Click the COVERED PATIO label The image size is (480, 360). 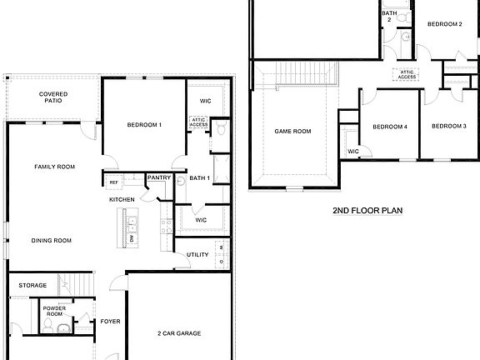[53, 97]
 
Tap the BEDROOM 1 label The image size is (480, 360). [144, 125]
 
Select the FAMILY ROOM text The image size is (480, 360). [55, 167]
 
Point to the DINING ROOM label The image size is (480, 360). [52, 241]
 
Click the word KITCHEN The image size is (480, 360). [122, 200]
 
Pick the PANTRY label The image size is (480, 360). [158, 177]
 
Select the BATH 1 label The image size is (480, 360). [198, 178]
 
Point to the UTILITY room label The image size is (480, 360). [197, 254]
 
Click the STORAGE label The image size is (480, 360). [33, 285]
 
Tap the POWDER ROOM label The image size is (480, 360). [55, 310]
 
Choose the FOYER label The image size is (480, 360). [110, 321]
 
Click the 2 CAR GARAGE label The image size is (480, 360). [179, 333]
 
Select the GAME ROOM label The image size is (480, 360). [292, 131]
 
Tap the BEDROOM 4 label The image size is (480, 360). [389, 127]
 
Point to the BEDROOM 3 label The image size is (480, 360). [448, 126]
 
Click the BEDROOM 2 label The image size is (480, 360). [445, 24]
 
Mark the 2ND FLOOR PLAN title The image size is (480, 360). [367, 211]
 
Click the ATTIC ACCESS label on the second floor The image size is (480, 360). [407, 75]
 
